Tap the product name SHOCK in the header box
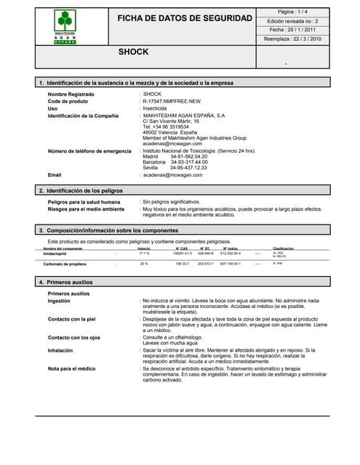pyautogui.click(x=133, y=52)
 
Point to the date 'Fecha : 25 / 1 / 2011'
pyautogui.click(x=293, y=31)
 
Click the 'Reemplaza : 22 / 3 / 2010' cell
pyautogui.click(x=293, y=39)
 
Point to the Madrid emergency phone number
pyautogui.click(x=188, y=156)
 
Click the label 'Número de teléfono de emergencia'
pyautogui.click(x=89, y=150)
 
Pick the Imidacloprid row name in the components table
pyautogui.click(x=59, y=254)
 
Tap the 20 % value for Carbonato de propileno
pyautogui.click(x=144, y=264)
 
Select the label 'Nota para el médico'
pyautogui.click(x=71, y=369)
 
